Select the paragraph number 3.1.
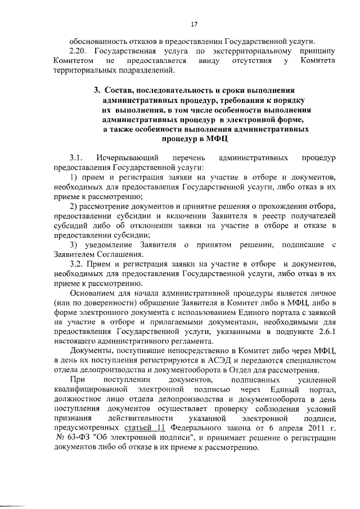pos(76,157)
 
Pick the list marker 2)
pos(73,207)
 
